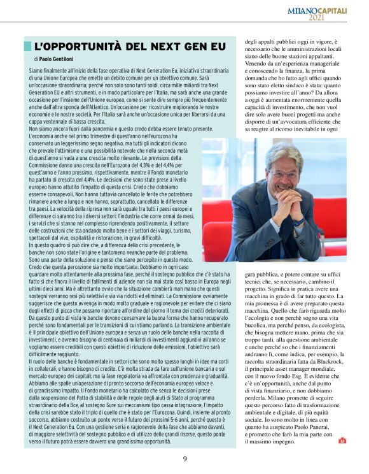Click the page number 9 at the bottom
[184, 458]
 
